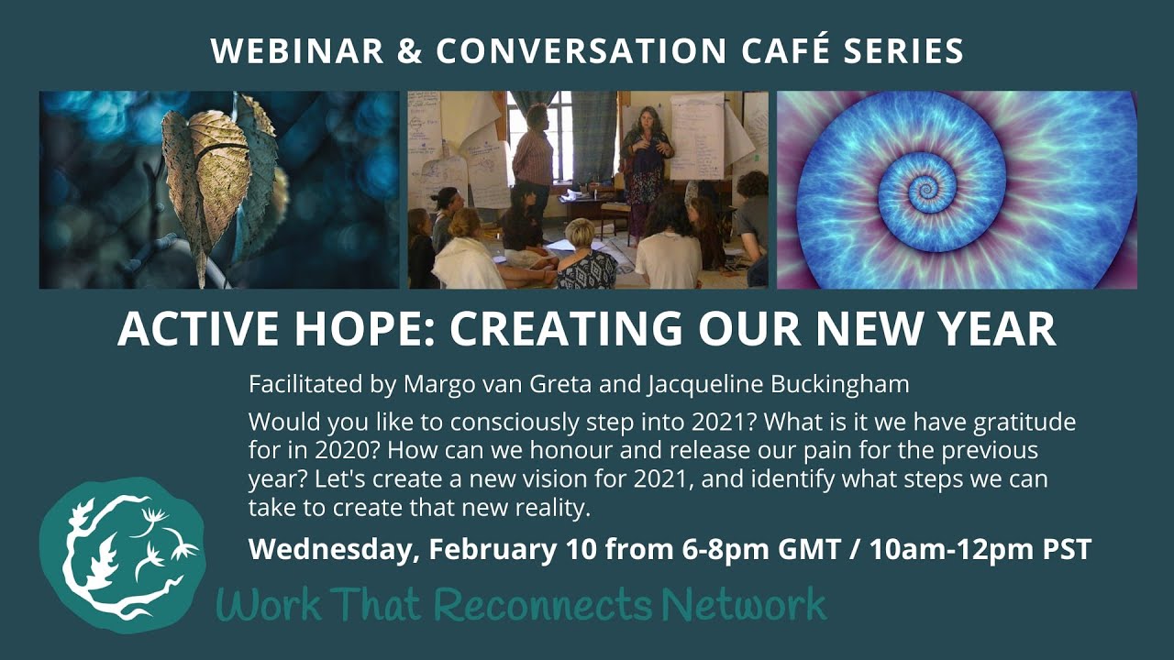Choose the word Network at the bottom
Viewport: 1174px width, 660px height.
(744, 605)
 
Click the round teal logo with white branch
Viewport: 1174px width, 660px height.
(123, 555)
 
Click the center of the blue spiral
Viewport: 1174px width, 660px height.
(924, 189)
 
